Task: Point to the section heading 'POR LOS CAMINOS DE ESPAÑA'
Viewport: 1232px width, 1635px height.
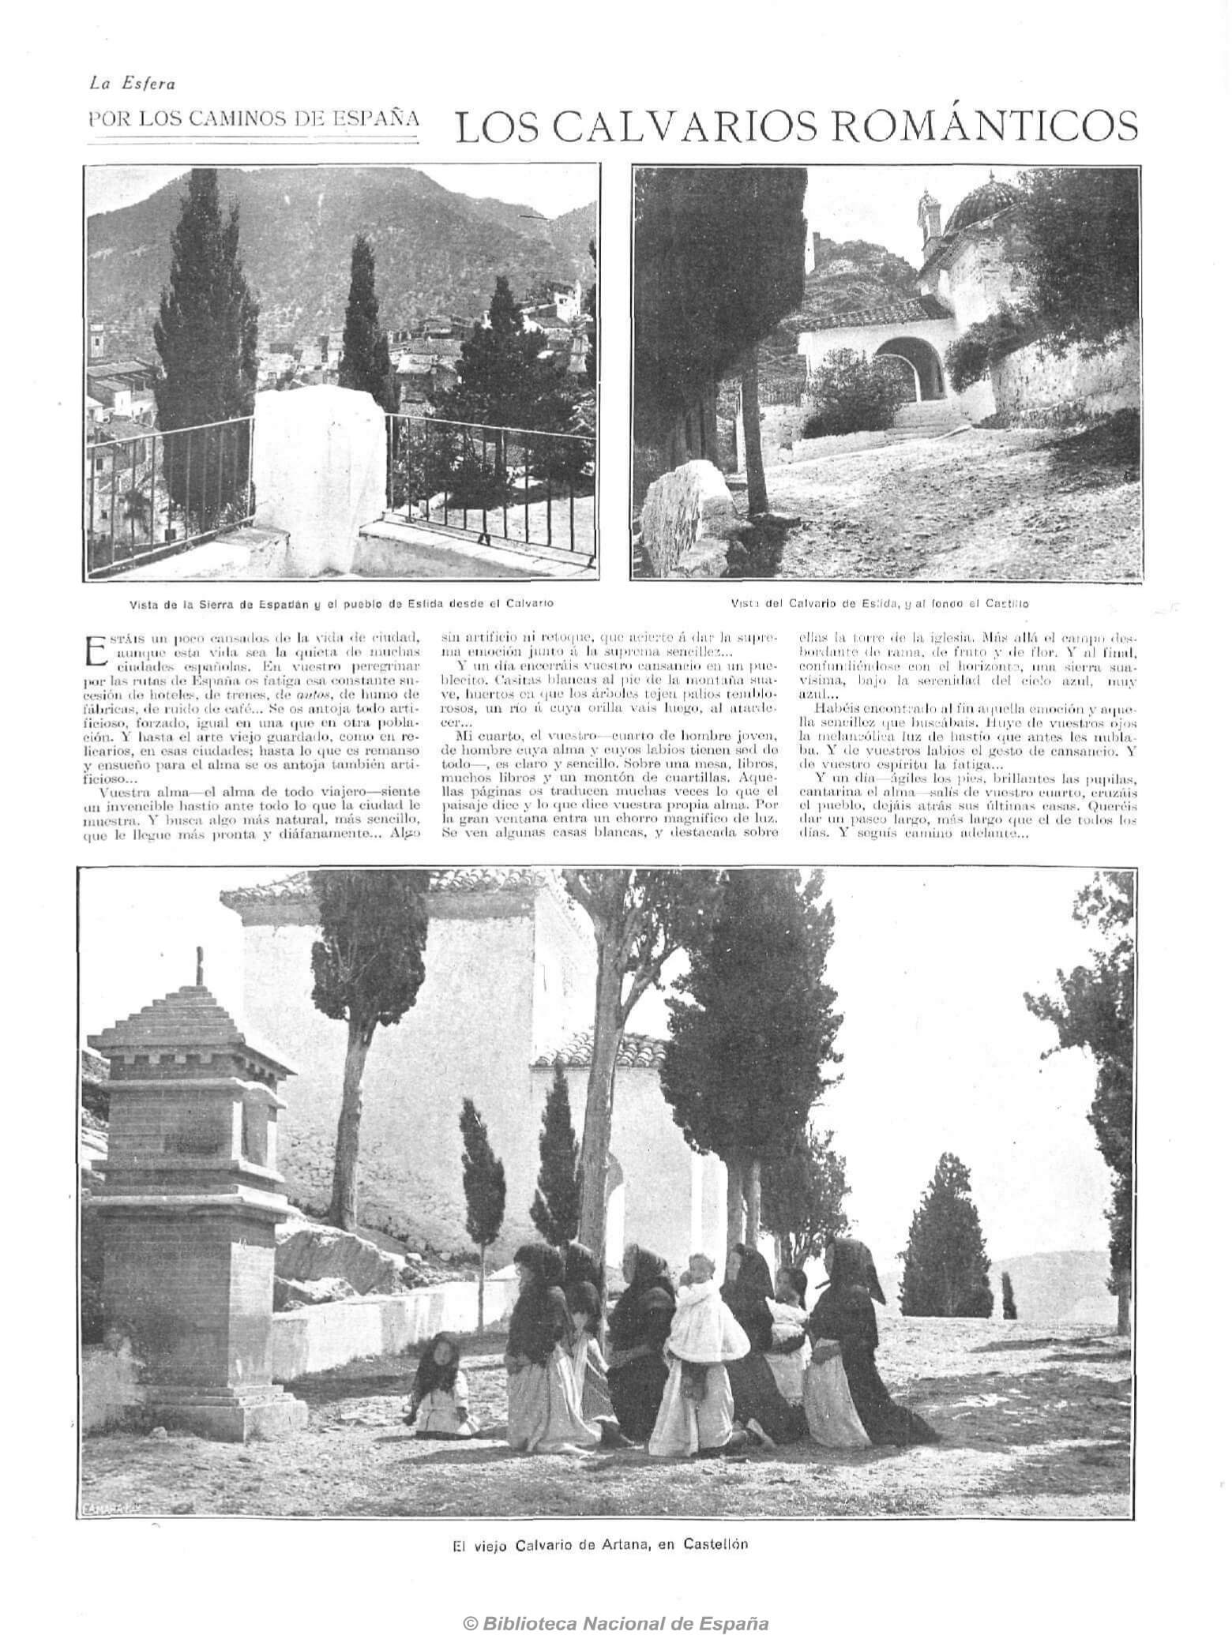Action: click(253, 120)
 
